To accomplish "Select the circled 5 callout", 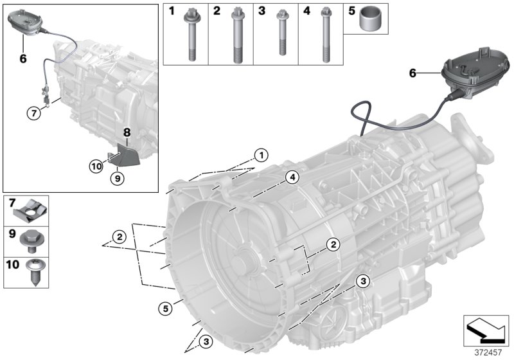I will click(x=166, y=309).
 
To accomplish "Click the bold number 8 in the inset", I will click(x=127, y=132).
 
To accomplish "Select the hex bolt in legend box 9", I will click(x=31, y=239).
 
